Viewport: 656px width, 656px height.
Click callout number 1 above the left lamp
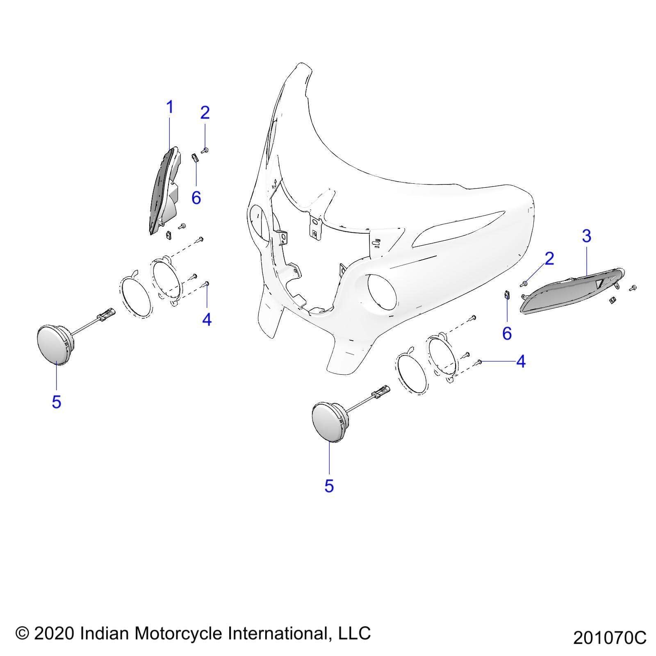click(x=169, y=108)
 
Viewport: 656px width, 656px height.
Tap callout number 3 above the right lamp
click(x=586, y=236)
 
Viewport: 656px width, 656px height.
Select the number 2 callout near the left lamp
click(x=205, y=112)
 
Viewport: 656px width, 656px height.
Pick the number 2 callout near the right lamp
click(x=549, y=258)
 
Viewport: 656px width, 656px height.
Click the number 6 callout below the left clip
click(x=196, y=198)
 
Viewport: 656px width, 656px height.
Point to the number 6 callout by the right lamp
click(x=507, y=333)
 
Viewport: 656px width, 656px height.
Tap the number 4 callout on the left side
click(x=207, y=319)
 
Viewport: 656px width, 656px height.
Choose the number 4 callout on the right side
click(x=521, y=361)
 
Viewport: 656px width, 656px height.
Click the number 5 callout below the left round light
click(x=57, y=402)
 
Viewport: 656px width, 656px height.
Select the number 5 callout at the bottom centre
click(x=329, y=486)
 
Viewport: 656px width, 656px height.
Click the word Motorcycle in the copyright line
click(x=179, y=633)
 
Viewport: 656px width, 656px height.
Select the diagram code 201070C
click(x=610, y=638)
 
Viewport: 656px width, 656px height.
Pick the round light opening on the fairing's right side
click(x=382, y=292)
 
